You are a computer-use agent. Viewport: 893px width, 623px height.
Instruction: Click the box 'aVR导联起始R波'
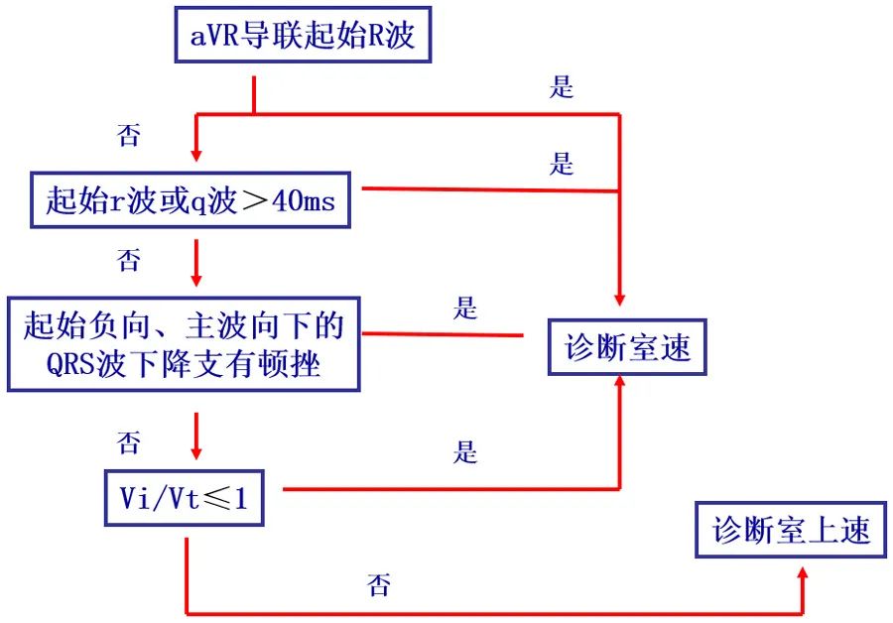(302, 37)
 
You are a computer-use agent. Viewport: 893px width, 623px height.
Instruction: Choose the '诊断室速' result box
(627, 348)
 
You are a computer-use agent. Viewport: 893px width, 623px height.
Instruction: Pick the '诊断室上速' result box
(791, 530)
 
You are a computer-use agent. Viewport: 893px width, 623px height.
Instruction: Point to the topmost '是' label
(562, 87)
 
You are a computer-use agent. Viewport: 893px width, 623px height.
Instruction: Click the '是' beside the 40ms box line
(562, 164)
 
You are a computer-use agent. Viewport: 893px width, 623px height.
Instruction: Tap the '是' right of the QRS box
(465, 309)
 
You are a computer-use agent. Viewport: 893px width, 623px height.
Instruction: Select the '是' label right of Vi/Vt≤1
(465, 453)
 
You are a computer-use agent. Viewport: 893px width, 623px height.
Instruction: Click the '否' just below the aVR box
(129, 136)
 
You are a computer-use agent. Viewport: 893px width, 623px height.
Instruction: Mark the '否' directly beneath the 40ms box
(129, 261)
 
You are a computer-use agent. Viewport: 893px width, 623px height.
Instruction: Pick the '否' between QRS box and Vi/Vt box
(129, 441)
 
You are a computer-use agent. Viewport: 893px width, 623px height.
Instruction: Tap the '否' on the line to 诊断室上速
(378, 585)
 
